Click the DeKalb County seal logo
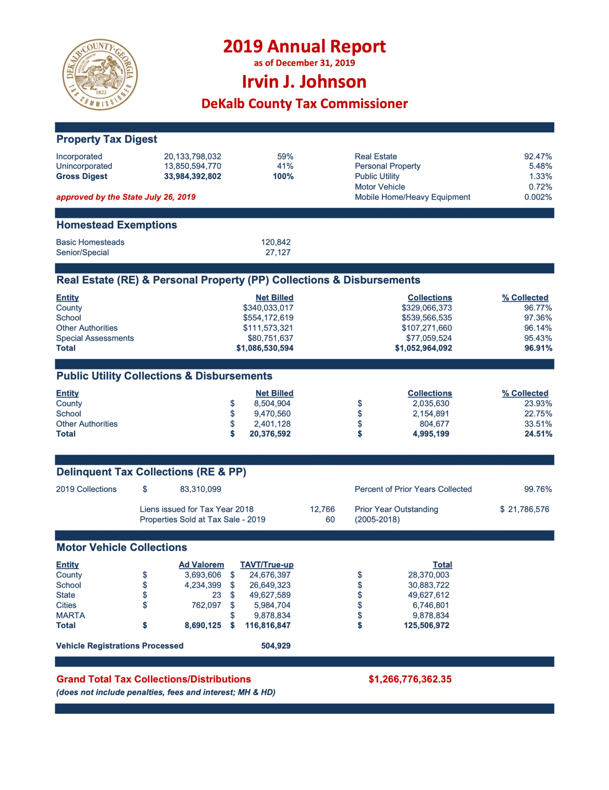(x=100, y=75)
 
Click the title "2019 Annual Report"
(x=304, y=46)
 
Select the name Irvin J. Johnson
(x=304, y=81)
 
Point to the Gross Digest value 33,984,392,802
(x=192, y=177)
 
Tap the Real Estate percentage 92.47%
(x=538, y=156)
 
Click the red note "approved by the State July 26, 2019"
(x=126, y=197)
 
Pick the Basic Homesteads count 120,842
(x=275, y=242)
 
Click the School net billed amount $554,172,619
(x=268, y=318)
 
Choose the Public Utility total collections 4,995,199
(x=431, y=434)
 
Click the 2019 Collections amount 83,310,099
(x=201, y=489)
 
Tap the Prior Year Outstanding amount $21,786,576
(x=525, y=509)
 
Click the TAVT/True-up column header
(x=266, y=565)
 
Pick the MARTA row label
(x=70, y=616)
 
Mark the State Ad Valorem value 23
(x=217, y=595)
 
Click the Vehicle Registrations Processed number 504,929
(x=275, y=646)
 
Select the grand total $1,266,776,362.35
(x=410, y=679)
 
